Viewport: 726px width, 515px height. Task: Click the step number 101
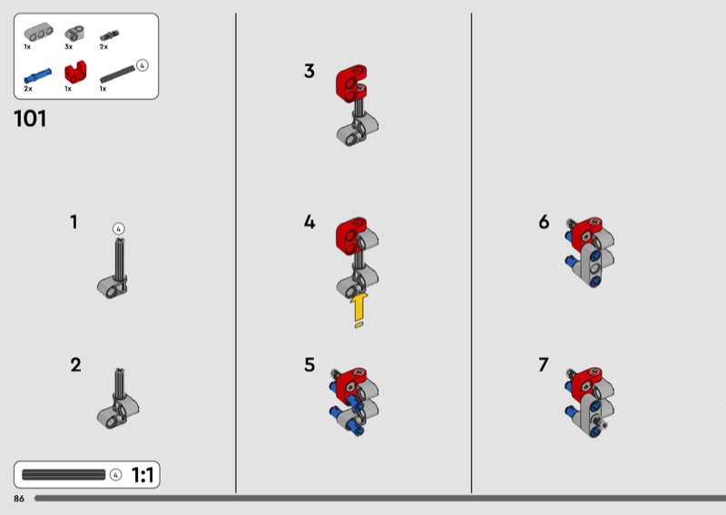30,119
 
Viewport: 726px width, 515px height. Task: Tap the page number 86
19,499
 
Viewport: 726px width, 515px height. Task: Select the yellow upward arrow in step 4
358,310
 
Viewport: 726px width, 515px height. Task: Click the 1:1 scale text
142,475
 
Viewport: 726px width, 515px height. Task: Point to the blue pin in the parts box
37,76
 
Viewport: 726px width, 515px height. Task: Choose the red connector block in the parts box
75,73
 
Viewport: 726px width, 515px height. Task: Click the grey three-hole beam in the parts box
38,32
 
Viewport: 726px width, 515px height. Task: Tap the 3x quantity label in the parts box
69,47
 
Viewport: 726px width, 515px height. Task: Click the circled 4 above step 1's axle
119,228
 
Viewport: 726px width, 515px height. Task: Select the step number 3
309,72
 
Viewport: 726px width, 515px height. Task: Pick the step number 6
544,221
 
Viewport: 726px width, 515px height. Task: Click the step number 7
544,364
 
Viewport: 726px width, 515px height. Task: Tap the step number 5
309,364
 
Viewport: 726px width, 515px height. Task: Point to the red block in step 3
351,83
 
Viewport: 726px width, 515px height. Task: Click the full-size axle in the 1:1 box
64,475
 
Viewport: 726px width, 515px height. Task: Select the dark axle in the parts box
118,73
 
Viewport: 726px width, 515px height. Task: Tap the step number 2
75,364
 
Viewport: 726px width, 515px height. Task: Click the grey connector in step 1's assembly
112,287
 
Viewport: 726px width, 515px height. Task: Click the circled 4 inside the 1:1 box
116,475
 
